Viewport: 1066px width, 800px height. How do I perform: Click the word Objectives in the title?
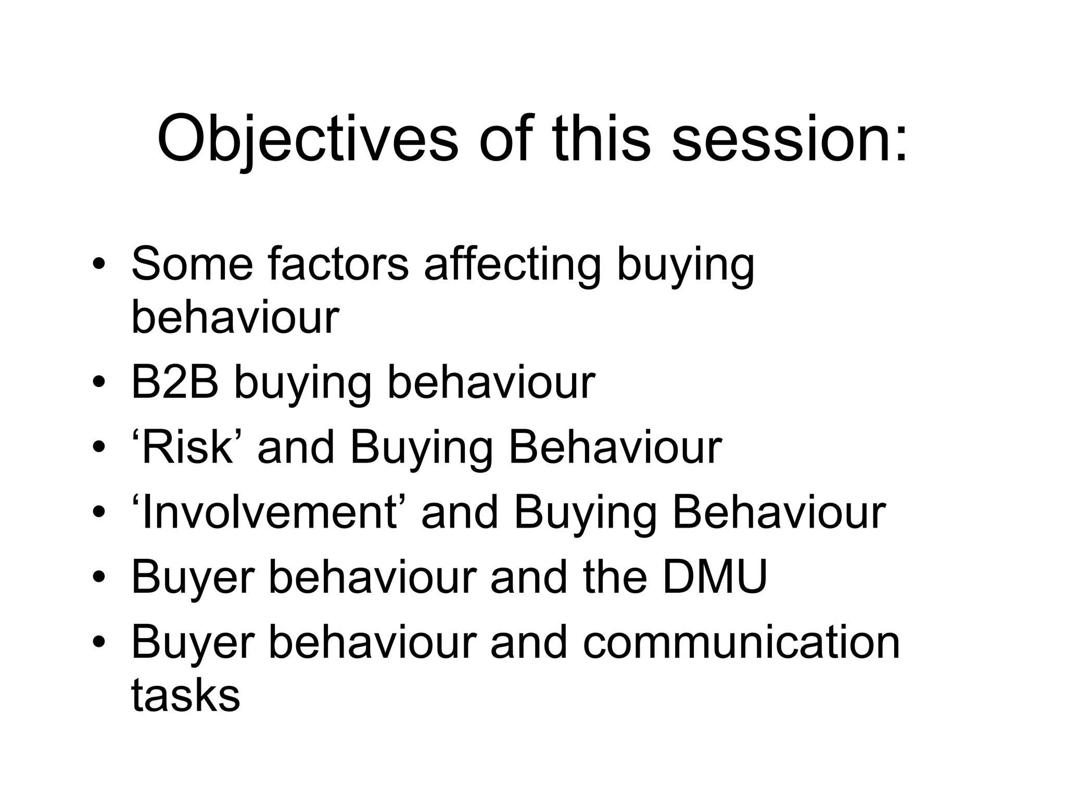pos(307,140)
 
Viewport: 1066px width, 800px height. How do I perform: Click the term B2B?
pos(174,382)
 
